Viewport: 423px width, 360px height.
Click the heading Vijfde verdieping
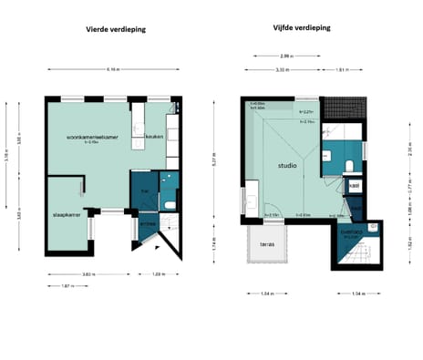[301, 27]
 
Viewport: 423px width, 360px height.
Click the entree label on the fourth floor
[146, 221]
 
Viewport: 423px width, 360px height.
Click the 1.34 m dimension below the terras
[266, 293]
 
